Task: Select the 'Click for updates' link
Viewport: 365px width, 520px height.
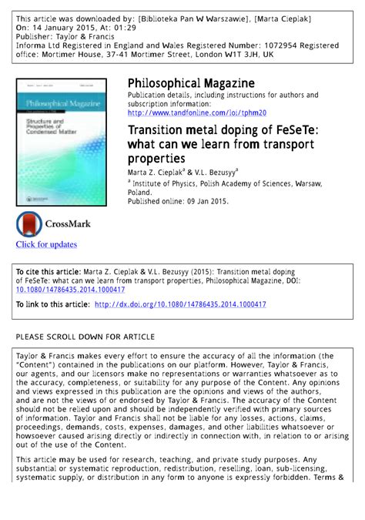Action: [x=46, y=244]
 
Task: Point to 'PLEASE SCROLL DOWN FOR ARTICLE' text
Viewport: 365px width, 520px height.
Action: [x=85, y=337]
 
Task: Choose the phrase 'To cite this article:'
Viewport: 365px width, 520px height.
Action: [x=51, y=273]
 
